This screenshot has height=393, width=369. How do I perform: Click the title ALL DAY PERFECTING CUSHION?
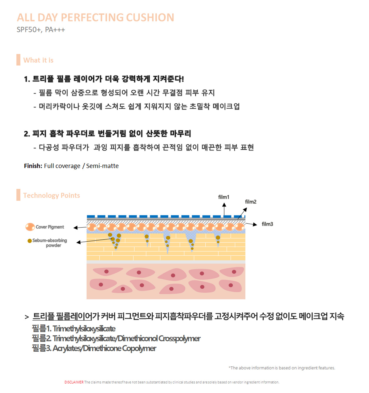pyautogui.click(x=95, y=18)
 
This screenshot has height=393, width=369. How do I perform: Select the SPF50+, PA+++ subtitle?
pyautogui.click(x=41, y=30)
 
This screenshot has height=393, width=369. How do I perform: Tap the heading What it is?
pyautogui.click(x=38, y=60)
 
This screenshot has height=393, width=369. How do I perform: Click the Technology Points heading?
pyautogui.click(x=52, y=196)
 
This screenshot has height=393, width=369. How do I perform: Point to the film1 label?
pyautogui.click(x=224, y=197)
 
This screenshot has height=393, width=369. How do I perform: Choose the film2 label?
pyautogui.click(x=250, y=202)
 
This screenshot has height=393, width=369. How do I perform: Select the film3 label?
pyautogui.click(x=267, y=224)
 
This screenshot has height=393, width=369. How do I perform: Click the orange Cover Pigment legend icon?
pyautogui.click(x=30, y=227)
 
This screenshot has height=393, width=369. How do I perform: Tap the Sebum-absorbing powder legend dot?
pyautogui.click(x=30, y=241)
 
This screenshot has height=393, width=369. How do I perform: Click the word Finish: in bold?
pyautogui.click(x=33, y=166)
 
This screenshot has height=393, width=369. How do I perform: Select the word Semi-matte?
pyautogui.click(x=102, y=166)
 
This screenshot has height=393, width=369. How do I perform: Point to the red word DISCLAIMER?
pyautogui.click(x=74, y=382)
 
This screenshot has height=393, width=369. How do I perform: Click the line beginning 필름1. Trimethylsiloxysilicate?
pyautogui.click(x=74, y=329)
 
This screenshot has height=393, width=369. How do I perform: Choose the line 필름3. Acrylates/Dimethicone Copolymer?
pyautogui.click(x=94, y=348)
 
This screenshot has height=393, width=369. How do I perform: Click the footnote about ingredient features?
pyautogui.click(x=282, y=368)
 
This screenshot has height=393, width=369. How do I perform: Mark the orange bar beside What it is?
pyautogui.click(x=18, y=60)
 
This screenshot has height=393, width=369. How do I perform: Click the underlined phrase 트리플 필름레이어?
pyautogui.click(x=62, y=316)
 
